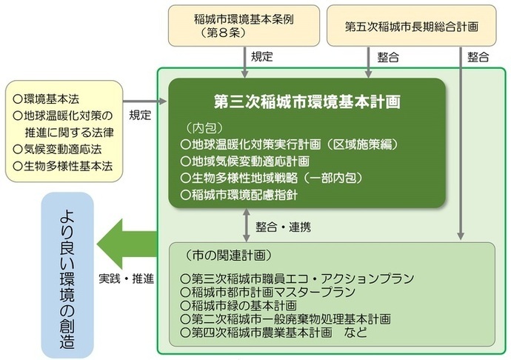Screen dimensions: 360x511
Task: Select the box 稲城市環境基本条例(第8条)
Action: click(244, 24)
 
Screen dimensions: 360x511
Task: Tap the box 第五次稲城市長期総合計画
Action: click(411, 25)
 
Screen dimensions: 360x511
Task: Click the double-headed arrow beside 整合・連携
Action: click(245, 225)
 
